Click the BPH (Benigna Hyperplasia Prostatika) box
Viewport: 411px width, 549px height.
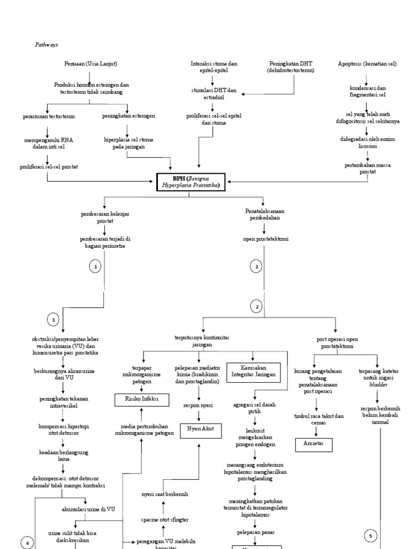188,182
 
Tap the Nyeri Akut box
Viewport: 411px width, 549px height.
199,428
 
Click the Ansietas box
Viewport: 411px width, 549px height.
314,444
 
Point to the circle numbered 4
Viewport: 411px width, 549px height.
27,543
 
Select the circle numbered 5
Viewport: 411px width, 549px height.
371,535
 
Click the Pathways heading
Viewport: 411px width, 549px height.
46,46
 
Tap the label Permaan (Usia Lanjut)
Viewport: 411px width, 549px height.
90,64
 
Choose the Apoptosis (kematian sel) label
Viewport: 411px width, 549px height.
367,64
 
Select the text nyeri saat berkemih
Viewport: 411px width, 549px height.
165,493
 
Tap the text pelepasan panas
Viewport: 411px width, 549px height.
255,532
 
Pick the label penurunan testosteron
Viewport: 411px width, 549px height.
49,116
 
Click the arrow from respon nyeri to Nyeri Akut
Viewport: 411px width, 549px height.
199,415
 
